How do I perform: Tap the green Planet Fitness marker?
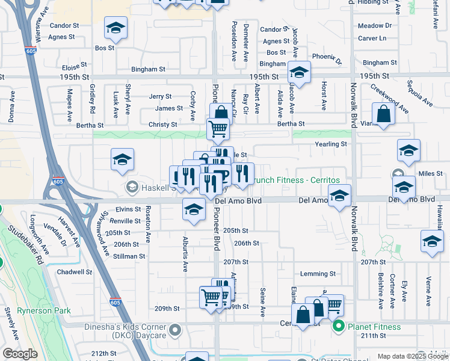pos(338,327)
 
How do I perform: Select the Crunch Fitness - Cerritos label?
pos(295,180)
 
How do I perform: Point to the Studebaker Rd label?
pos(40,258)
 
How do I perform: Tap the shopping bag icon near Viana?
pos(383,113)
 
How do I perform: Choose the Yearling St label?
pos(331,144)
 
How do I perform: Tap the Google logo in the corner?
pos(20,354)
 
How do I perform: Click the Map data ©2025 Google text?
pos(412,356)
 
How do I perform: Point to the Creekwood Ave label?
pos(385,96)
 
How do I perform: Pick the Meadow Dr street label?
pos(374,26)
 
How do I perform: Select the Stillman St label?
pos(129,256)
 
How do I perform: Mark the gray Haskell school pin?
pos(131,188)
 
